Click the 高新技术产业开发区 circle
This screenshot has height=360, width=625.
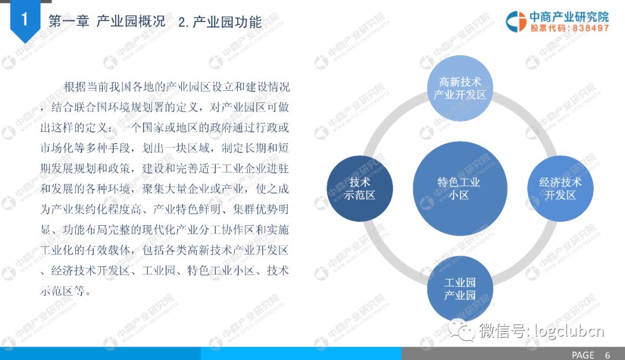click(460, 88)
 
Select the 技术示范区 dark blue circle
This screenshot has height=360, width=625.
click(359, 189)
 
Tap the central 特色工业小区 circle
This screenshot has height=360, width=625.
click(460, 189)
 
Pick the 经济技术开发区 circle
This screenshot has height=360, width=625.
click(560, 189)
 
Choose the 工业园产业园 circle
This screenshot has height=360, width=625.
click(460, 289)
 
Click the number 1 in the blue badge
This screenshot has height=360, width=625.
click(25, 19)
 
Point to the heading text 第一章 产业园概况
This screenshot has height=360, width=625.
click(107, 21)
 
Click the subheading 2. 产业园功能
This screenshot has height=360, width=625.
click(220, 22)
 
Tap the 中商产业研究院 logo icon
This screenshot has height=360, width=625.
click(516, 21)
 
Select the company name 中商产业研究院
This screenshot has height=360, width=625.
click(569, 17)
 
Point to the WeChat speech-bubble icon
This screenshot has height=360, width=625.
click(462, 330)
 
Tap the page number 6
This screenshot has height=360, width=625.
click(608, 355)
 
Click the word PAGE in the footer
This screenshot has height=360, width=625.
click(583, 355)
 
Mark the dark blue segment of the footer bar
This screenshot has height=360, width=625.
click(101, 353)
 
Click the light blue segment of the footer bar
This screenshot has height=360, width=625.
click(301, 353)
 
